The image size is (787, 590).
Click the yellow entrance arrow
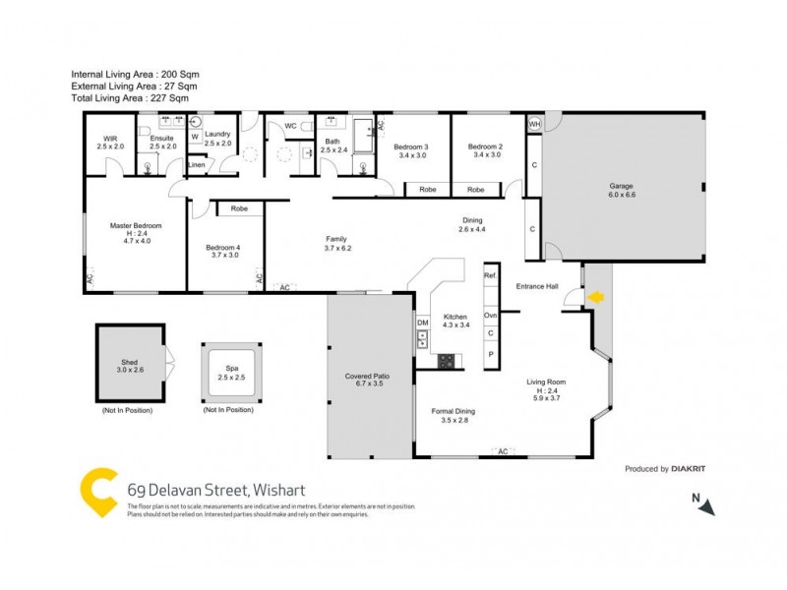pyautogui.click(x=595, y=296)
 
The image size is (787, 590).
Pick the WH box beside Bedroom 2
pyautogui.click(x=534, y=125)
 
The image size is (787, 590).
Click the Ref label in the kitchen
pyautogui.click(x=490, y=277)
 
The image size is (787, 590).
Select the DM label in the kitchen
pyautogui.click(x=423, y=324)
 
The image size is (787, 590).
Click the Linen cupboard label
pyautogui.click(x=198, y=165)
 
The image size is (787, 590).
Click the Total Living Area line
pyautogui.click(x=130, y=97)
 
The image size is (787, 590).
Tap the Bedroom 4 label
pyautogui.click(x=222, y=250)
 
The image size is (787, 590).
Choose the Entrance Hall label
pyautogui.click(x=538, y=286)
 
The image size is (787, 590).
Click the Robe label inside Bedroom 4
pyautogui.click(x=239, y=208)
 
